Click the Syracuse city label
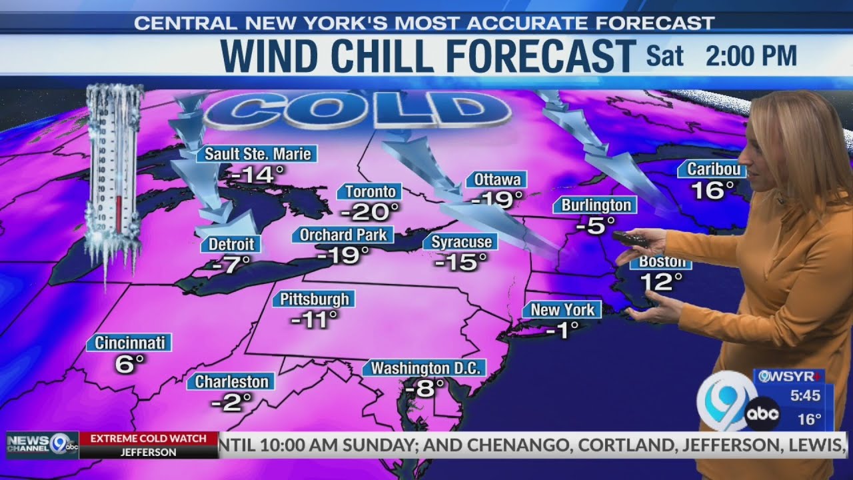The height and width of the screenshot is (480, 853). (x=461, y=241)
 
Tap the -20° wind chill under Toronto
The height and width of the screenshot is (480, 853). (x=370, y=212)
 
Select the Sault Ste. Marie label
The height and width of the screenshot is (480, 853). (x=257, y=154)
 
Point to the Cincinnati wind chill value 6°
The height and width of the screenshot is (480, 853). (x=130, y=363)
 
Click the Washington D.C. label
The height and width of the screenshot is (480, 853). (x=425, y=368)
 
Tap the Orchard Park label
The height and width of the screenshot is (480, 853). (x=343, y=235)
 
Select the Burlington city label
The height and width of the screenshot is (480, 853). (x=595, y=205)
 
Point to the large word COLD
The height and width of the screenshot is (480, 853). (x=353, y=110)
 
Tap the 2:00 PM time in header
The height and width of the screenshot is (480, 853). (x=751, y=56)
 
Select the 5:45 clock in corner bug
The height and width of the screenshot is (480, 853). (x=805, y=395)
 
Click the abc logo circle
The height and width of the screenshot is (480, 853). (x=762, y=414)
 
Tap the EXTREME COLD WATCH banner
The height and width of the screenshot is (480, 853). (x=149, y=439)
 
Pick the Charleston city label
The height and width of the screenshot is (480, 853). (x=231, y=381)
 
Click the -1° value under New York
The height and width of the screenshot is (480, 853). (x=562, y=329)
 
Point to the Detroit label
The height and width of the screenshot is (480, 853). (x=231, y=244)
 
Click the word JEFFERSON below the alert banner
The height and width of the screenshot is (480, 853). (x=149, y=452)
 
